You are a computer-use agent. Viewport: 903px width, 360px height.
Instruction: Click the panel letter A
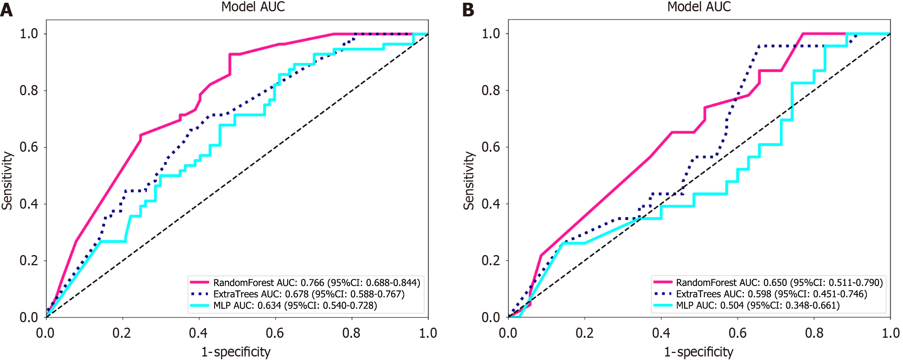7,10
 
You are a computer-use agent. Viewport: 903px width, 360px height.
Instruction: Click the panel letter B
468,10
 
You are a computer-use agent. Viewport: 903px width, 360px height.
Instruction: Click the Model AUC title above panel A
253,7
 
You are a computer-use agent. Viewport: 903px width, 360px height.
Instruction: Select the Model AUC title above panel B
699,7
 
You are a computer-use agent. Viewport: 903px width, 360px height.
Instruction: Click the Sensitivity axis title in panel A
7,181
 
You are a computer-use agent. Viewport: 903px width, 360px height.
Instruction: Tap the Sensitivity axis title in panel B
469,181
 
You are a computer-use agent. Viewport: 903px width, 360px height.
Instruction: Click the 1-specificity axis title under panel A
236,352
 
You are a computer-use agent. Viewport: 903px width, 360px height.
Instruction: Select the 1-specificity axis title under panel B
699,352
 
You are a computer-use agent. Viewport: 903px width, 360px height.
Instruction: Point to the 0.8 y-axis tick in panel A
29,90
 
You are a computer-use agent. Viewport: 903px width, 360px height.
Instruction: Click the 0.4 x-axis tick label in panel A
198,333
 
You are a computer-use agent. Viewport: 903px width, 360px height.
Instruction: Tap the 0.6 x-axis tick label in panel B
738,333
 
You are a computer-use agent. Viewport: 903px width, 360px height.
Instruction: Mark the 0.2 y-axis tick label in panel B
491,261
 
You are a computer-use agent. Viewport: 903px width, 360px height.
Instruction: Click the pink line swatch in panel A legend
199,282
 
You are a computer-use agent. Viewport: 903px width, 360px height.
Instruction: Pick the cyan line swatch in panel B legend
663,305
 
